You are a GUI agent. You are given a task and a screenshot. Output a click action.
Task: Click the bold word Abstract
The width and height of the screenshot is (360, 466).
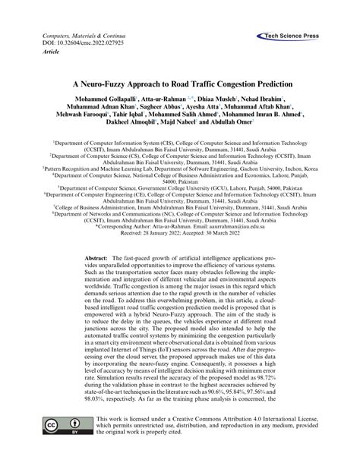(102, 258)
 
